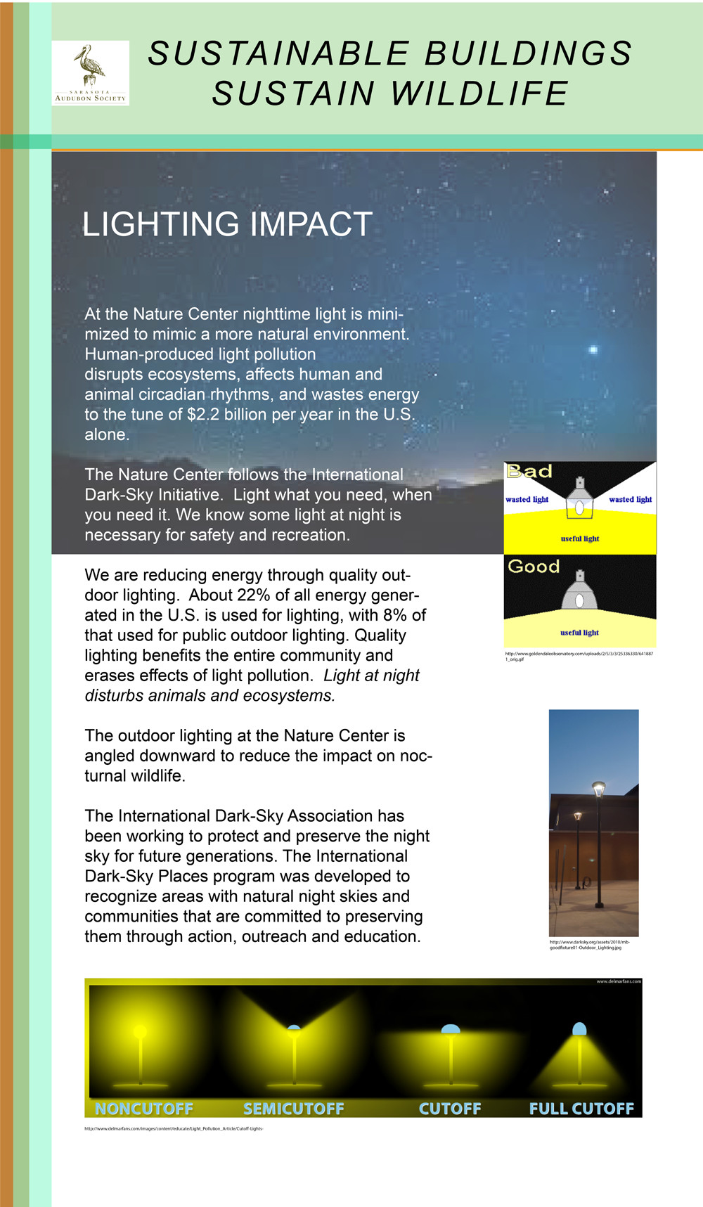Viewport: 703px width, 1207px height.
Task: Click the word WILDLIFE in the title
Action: tap(479, 94)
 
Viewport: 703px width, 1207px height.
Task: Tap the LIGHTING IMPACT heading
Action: tap(227, 225)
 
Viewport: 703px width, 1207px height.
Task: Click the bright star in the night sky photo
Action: tap(593, 349)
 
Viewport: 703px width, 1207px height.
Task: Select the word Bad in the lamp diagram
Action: tap(529, 472)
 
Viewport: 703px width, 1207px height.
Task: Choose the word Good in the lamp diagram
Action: tap(534, 567)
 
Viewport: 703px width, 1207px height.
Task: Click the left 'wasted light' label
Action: tap(527, 500)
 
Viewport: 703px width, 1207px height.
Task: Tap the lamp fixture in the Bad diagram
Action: tap(580, 499)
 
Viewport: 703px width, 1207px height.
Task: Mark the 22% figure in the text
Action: tap(253, 595)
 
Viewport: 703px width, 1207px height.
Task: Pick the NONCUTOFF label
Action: tap(144, 1109)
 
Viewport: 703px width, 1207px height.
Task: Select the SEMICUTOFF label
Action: tap(294, 1109)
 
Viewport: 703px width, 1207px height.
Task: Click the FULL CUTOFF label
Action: tap(581, 1109)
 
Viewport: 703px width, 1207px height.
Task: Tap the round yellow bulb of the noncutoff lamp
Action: tap(140, 1031)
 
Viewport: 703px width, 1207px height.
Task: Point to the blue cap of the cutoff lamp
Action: tap(450, 1030)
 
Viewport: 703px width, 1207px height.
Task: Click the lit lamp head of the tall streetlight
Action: tap(598, 787)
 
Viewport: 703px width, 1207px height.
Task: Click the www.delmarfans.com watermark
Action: tap(619, 981)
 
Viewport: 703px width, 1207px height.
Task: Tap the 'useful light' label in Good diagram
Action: tap(579, 633)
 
